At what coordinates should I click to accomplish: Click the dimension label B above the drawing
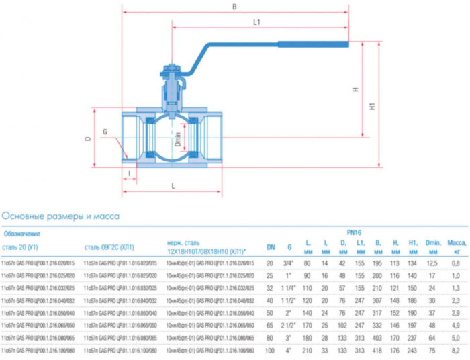tap(234, 8)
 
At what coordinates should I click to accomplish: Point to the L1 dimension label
tap(257, 22)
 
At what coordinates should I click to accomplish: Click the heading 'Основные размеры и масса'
tap(60, 216)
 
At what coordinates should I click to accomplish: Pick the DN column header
tap(271, 247)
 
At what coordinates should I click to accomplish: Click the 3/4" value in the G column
tap(289, 263)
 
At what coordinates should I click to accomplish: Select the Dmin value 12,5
tap(432, 263)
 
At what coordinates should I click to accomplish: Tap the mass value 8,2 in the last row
tap(457, 351)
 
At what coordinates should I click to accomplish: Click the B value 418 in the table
tap(377, 351)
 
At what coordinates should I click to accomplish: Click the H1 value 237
tap(412, 338)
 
